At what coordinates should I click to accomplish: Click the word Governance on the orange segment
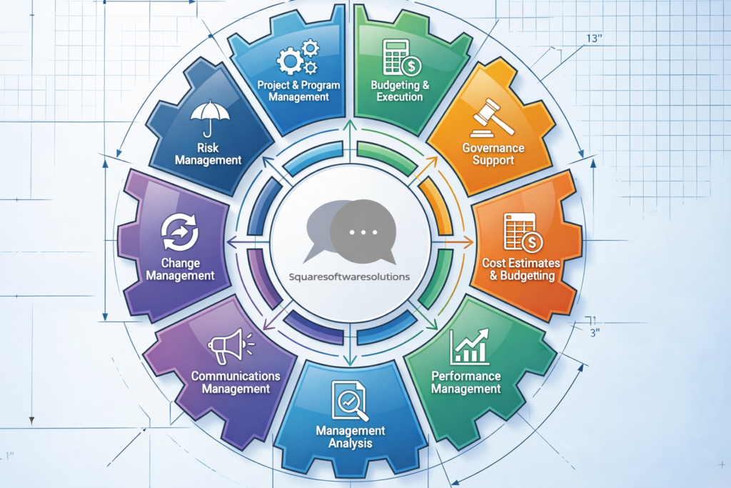click(493, 148)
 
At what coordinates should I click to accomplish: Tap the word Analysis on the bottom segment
click(351, 444)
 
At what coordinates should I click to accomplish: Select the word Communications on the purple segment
click(236, 376)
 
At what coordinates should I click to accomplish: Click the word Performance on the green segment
click(466, 376)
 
